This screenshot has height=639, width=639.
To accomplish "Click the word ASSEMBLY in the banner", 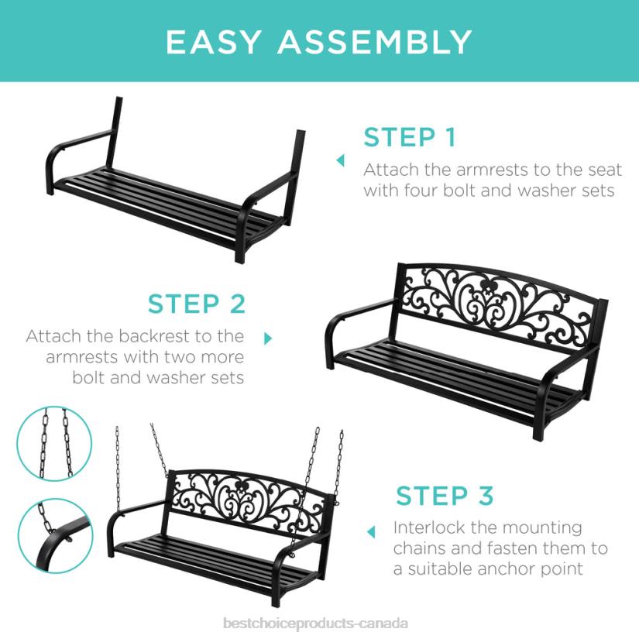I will [x=373, y=42].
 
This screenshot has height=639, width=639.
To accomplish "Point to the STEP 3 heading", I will [x=445, y=495].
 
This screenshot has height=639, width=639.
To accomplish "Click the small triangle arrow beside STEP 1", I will [x=340, y=160].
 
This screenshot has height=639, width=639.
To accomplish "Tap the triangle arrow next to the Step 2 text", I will [x=269, y=338].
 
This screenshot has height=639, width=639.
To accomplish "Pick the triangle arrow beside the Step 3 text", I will [x=372, y=532].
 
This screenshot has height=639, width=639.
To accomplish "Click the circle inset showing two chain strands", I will [x=55, y=444].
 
